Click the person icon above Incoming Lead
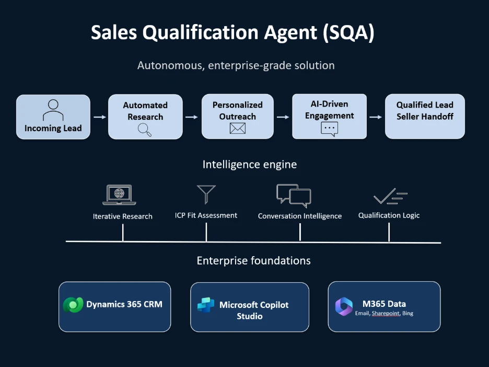(53, 110)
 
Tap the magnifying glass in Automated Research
(145, 130)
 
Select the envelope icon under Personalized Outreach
(238, 128)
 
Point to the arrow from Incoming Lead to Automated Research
(100, 117)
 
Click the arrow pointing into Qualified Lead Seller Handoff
(376, 117)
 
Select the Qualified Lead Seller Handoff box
(425, 117)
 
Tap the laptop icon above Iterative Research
(119, 194)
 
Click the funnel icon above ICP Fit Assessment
(206, 194)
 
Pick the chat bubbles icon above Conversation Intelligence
(294, 196)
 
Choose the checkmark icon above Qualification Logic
(390, 196)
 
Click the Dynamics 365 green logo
(73, 305)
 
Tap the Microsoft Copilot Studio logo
(206, 305)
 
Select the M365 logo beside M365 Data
(344, 306)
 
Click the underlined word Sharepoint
(386, 313)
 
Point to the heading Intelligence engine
(250, 165)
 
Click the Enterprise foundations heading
(253, 260)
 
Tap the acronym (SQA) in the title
(348, 32)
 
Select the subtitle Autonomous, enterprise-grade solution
(236, 65)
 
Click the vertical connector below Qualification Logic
(389, 233)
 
